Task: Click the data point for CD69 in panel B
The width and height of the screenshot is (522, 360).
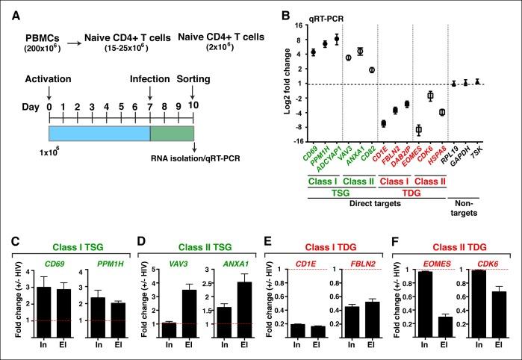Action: coord(314,52)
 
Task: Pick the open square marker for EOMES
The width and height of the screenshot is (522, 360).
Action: coord(418,129)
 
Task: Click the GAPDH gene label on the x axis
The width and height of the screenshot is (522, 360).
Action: coord(464,156)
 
